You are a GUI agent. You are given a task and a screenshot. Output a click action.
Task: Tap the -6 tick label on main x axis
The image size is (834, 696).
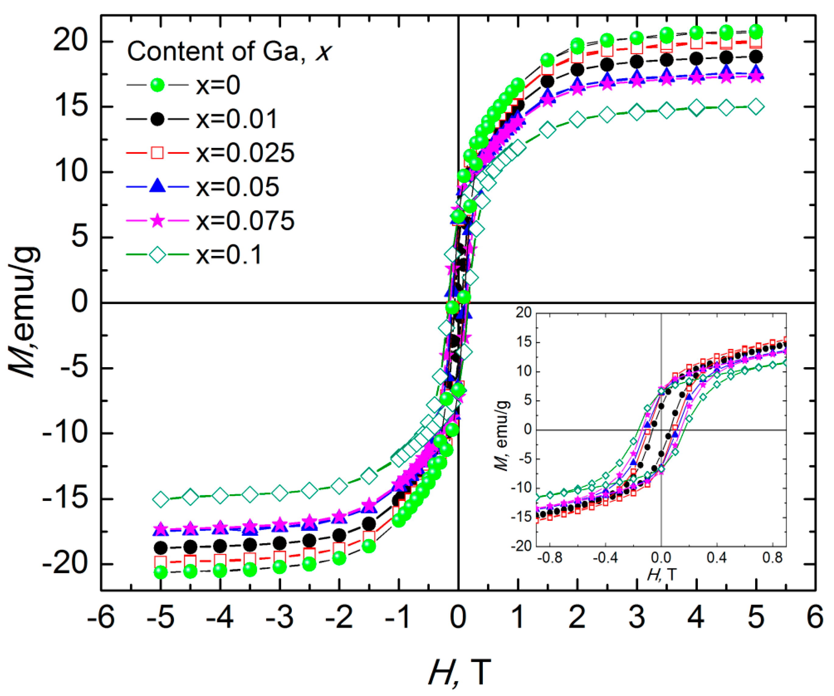click(x=101, y=618)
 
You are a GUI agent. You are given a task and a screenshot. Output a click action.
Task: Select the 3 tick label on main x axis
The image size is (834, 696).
click(x=637, y=618)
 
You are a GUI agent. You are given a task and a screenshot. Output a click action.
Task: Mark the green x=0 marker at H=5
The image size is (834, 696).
click(x=756, y=32)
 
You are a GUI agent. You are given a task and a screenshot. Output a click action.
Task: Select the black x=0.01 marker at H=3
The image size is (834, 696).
click(x=637, y=62)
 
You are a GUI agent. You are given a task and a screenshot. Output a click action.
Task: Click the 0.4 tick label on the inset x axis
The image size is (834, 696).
click(x=716, y=558)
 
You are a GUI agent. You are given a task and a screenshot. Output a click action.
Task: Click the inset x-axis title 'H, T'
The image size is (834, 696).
click(x=661, y=575)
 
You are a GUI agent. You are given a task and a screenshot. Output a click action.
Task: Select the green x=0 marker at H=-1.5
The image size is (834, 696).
click(x=369, y=546)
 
